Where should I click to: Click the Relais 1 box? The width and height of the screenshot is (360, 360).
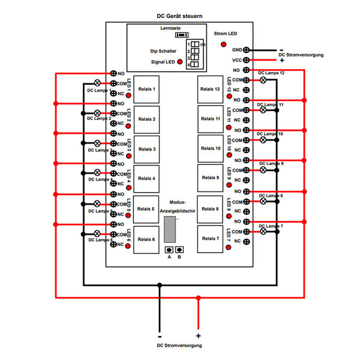pos(146,89)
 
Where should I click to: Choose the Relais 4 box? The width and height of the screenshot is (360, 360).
pos(146,178)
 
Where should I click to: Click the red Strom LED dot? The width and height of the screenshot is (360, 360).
pos(224,44)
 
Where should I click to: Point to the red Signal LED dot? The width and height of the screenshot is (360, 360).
pos(179,61)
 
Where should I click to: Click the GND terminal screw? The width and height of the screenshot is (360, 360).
pos(247,50)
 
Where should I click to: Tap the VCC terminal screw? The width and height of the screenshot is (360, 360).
pos(247,60)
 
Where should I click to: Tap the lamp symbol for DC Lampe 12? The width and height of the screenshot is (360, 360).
pos(263,79)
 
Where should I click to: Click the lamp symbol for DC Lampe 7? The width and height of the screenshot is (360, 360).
pos(263,231)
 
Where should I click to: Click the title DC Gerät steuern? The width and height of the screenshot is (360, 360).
pos(179,18)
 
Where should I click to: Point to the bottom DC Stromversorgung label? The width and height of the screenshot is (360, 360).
pos(179,346)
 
